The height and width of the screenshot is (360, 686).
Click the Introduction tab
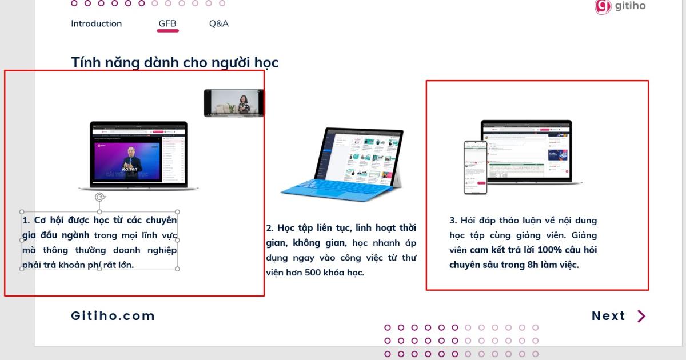coord(96,23)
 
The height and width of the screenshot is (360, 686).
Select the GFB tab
coord(167,23)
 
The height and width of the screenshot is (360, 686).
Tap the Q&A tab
coord(218,23)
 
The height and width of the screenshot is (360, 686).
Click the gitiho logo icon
coord(603,6)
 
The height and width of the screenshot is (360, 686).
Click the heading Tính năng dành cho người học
coord(174,62)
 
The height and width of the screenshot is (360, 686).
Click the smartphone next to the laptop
coord(475,167)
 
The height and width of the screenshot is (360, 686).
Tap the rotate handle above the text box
coord(100,198)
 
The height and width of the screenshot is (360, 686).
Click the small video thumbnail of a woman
coord(234,103)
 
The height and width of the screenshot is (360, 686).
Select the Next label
coord(608,316)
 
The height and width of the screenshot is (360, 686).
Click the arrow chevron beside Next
coord(641,316)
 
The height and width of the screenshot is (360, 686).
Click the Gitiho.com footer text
coord(113,316)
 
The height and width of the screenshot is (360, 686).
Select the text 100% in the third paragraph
coord(550,250)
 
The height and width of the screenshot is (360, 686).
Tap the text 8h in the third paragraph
coord(533,265)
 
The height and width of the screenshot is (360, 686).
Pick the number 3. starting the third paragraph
coord(453,220)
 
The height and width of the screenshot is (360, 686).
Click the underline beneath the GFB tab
coord(167,30)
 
